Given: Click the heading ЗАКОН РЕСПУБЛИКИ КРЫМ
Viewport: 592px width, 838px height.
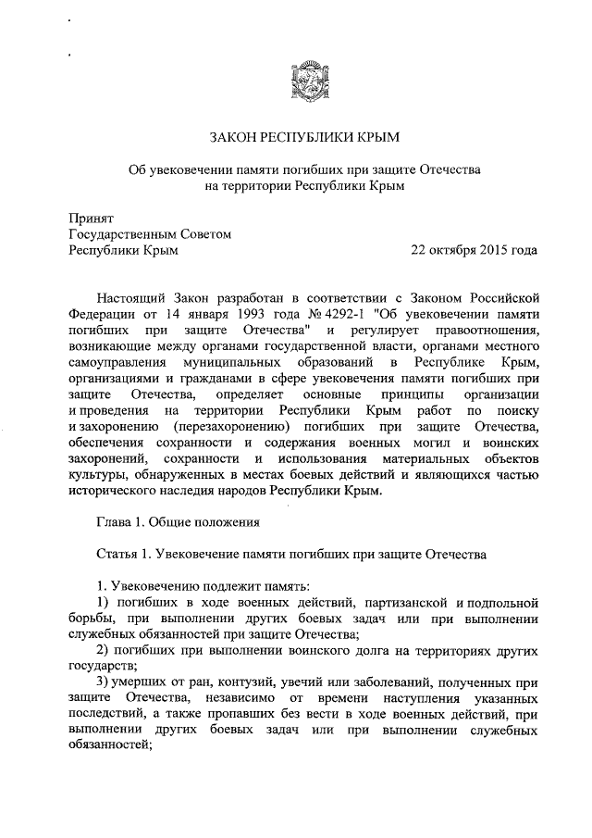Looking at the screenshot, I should point(304,138).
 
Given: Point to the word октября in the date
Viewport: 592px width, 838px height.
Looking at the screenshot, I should point(447,250).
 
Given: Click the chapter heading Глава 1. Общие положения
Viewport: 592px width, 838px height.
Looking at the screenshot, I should point(178,521).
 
